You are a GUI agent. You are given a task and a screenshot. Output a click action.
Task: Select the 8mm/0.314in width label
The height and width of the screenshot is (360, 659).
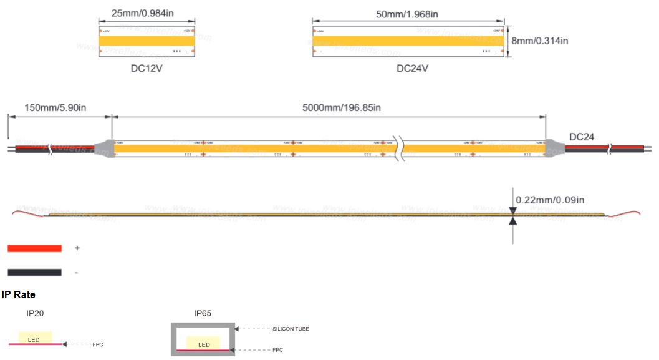[x=540, y=41]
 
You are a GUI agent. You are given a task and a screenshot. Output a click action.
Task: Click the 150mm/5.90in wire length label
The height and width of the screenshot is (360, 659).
[x=55, y=107]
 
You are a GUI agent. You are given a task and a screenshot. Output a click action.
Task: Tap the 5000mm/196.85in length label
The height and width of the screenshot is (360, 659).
[x=342, y=107]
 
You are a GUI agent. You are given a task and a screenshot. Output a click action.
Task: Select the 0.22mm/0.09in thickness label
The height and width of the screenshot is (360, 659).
[x=550, y=200]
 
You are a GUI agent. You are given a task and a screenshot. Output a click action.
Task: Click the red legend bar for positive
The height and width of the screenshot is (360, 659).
[x=34, y=248]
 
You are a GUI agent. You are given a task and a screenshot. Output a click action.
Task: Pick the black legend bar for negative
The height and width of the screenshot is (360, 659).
[x=34, y=272]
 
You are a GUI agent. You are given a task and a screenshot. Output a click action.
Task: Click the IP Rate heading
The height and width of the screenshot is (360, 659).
[x=19, y=294]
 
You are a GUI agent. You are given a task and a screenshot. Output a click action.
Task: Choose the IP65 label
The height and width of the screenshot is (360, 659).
[x=203, y=313]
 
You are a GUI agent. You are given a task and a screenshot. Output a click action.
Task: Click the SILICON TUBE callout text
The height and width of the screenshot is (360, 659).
[x=291, y=329]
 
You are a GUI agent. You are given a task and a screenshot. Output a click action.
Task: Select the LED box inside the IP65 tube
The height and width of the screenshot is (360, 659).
[x=204, y=344]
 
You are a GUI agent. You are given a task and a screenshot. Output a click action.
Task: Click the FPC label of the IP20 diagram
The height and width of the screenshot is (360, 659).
[x=98, y=344]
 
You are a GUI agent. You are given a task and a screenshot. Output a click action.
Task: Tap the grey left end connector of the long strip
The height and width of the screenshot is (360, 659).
[x=105, y=148]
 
